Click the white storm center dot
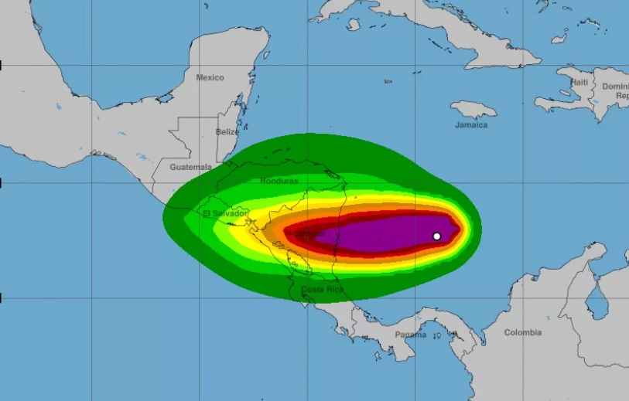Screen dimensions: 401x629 tap(436, 236)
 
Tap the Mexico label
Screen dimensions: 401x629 tap(210, 77)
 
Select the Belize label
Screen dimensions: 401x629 tap(227, 132)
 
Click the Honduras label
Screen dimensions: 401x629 tap(279, 181)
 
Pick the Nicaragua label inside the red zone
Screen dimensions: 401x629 tap(310, 233)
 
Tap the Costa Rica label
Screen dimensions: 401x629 tap(322, 290)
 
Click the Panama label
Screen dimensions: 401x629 tap(410, 335)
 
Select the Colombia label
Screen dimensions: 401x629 tap(523, 333)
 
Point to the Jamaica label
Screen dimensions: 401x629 tap(471, 125)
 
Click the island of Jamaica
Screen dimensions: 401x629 tap(473, 109)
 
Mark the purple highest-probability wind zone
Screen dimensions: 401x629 tap(379, 233)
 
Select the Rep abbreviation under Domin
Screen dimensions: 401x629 tap(621, 96)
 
